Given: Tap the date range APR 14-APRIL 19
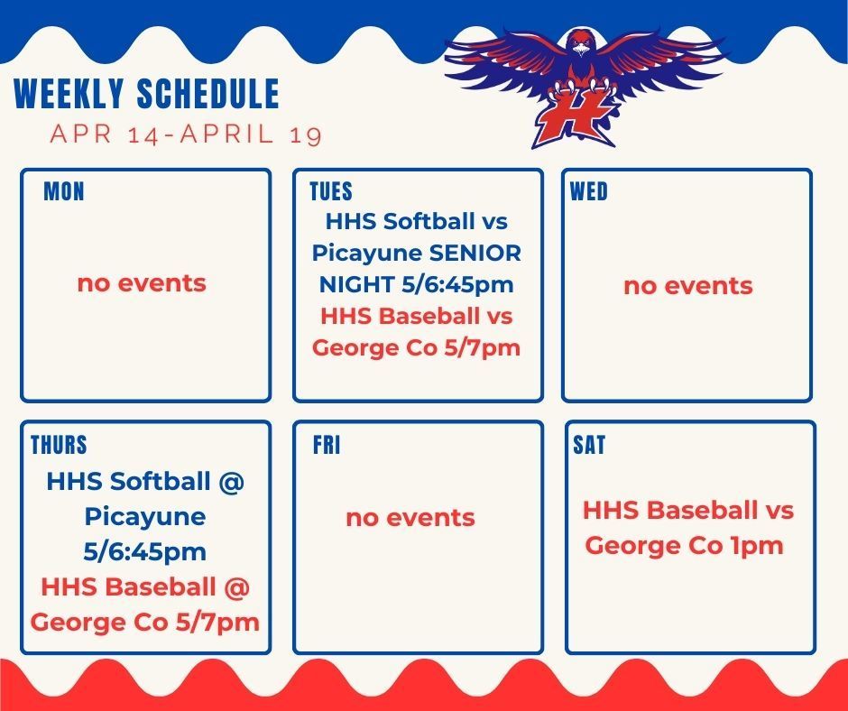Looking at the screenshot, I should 187,134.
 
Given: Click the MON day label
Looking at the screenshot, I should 63,192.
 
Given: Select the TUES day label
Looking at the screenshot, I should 331,192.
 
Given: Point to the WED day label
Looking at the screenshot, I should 589,192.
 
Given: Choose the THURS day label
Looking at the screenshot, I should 59,446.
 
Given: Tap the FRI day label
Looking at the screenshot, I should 326,446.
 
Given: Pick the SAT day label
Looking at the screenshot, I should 589,446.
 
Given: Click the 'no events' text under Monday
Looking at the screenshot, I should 142,283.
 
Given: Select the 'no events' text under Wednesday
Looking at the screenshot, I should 687,286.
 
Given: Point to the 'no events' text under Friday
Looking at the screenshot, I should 410,518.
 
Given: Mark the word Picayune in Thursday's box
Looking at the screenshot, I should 145,518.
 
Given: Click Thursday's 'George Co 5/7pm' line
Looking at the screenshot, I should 145,622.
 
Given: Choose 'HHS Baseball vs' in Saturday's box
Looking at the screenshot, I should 687,511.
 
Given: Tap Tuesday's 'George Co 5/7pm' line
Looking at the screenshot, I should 417,347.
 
